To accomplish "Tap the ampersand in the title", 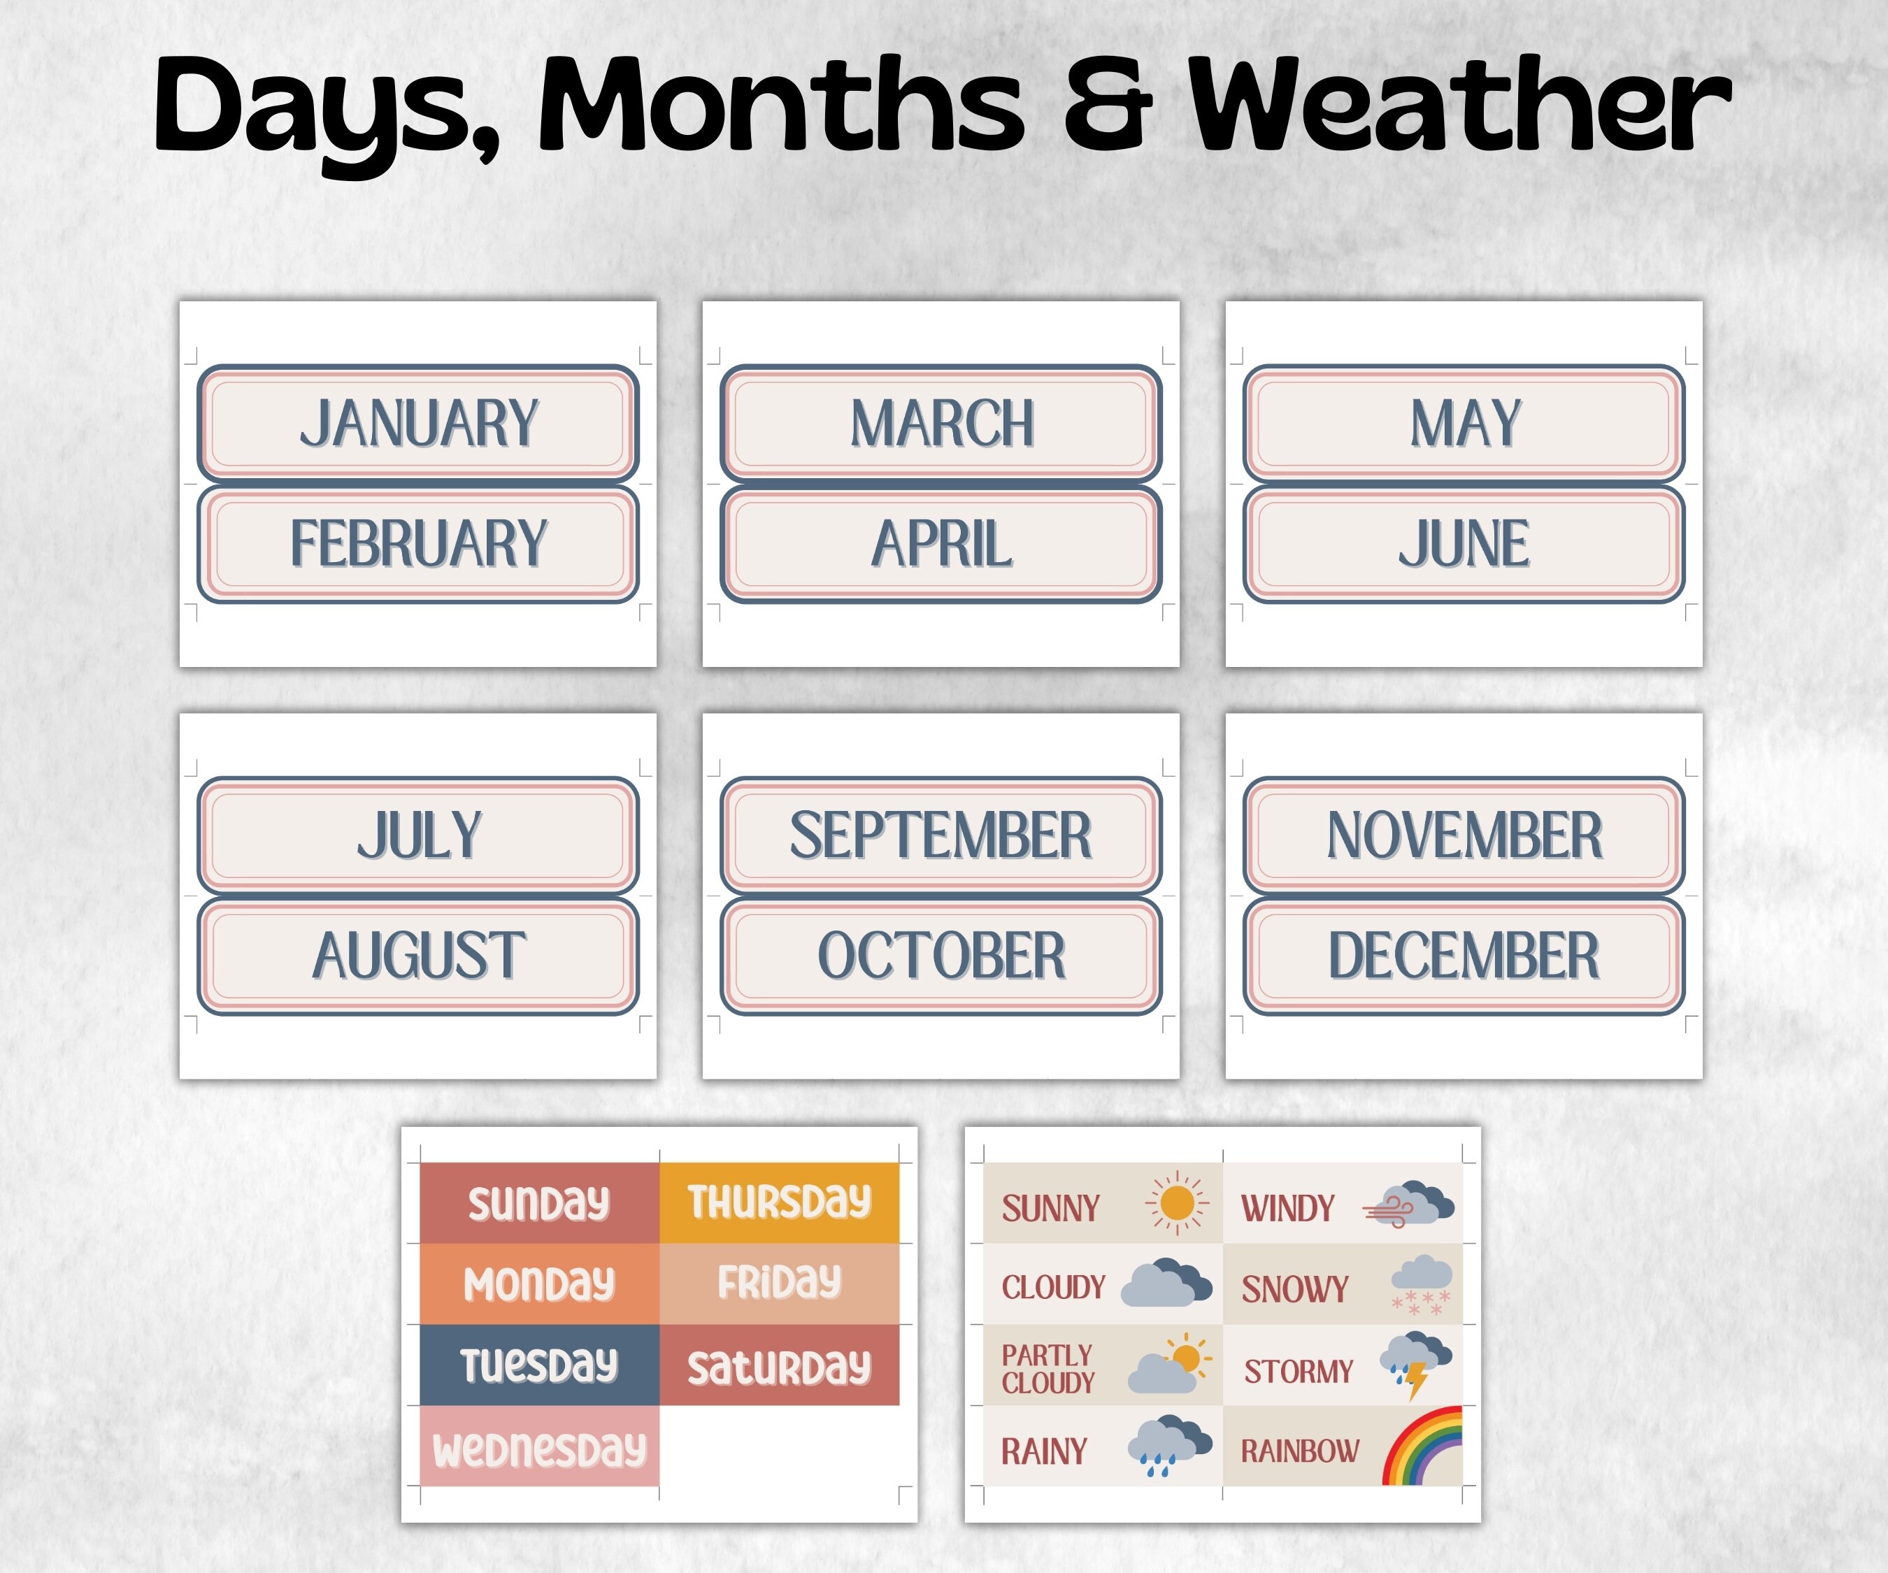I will coord(1108,106).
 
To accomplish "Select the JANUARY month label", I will coord(418,422).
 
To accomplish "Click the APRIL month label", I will coord(941,544).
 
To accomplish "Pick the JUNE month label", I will coord(1464,544).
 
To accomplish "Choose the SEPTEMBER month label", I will coord(941,835).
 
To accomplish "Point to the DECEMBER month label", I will coord(1464,956).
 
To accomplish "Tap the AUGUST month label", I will coord(418,956).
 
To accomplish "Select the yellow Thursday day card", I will coord(780,1202).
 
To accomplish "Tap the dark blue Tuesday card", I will coord(539,1365).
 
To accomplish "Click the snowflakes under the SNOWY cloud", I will coord(1420,1302).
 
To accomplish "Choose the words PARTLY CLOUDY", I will coord(1048,1369).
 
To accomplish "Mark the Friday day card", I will coord(780,1284).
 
